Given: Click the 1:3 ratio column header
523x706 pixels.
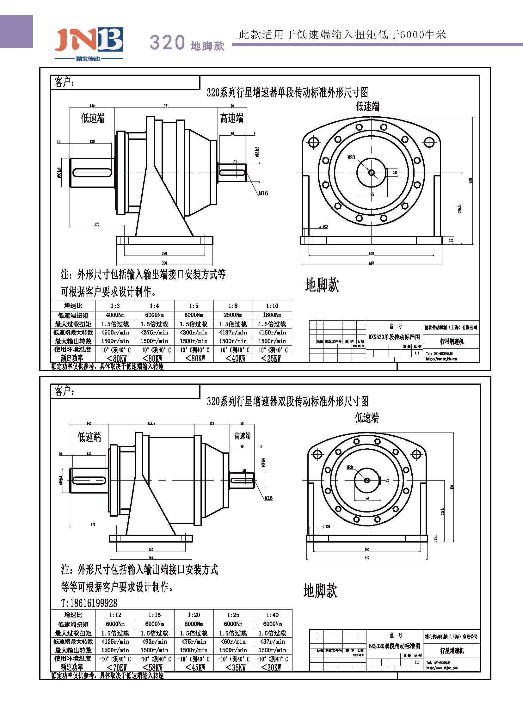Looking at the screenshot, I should pyautogui.click(x=115, y=306).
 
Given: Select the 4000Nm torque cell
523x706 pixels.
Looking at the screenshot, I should pyautogui.click(x=115, y=315).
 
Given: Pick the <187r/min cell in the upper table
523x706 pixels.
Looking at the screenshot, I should pyautogui.click(x=233, y=332).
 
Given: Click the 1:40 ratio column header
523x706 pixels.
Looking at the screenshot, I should pyautogui.click(x=272, y=615).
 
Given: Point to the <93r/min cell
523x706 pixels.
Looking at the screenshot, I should pyautogui.click(x=155, y=642).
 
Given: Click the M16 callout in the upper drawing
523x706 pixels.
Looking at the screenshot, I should pyautogui.click(x=263, y=193).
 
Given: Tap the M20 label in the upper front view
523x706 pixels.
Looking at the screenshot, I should pyautogui.click(x=351, y=157).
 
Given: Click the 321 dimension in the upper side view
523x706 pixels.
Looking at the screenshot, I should pyautogui.click(x=166, y=106).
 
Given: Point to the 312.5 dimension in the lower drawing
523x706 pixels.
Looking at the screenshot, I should pyautogui.click(x=151, y=423).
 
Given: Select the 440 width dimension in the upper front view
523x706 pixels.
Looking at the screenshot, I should pyautogui.click(x=371, y=263).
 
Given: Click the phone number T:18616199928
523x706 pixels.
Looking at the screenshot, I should pyautogui.click(x=89, y=603).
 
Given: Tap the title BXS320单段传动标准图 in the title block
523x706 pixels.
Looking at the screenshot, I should pyautogui.click(x=394, y=337).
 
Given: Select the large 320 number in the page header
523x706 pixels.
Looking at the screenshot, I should pyautogui.click(x=167, y=42).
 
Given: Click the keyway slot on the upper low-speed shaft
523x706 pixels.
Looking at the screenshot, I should pyautogui.click(x=92, y=173).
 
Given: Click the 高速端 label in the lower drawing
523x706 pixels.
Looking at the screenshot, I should pyautogui.click(x=242, y=436).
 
